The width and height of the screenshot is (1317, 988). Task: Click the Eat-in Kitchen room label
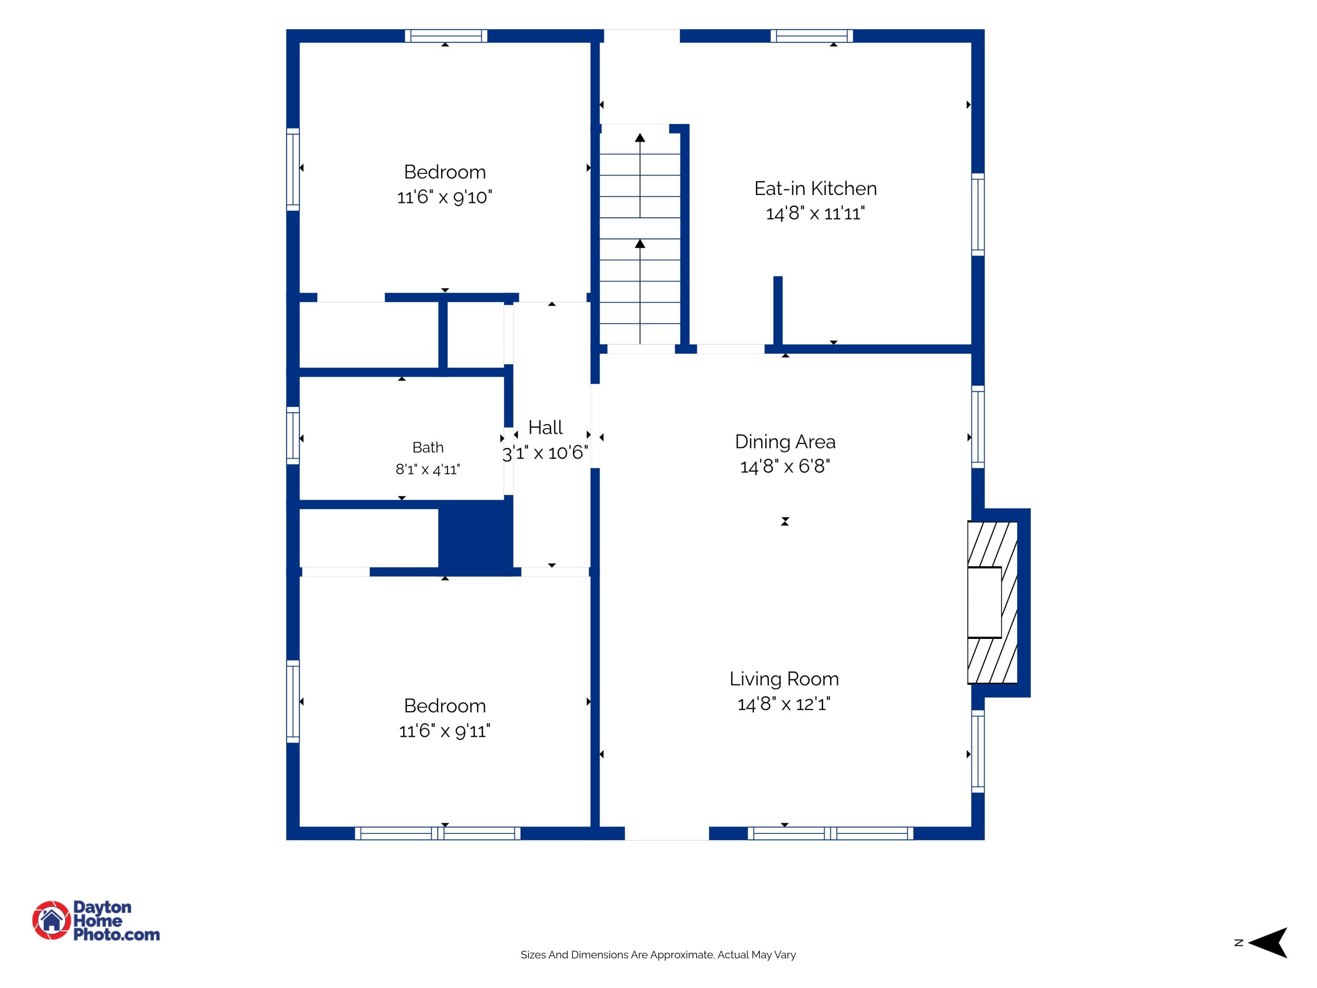(x=815, y=189)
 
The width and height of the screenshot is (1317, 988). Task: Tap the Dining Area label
(x=785, y=442)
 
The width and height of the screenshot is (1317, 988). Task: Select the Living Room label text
(x=784, y=679)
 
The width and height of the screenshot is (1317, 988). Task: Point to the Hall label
(x=545, y=428)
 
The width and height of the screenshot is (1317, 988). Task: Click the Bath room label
(x=428, y=447)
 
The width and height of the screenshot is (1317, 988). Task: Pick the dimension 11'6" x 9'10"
(x=445, y=197)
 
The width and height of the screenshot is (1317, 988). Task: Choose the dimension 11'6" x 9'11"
(x=445, y=731)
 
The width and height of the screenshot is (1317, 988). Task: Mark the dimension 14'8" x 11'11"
(x=815, y=213)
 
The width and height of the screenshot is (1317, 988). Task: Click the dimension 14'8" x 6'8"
(x=785, y=466)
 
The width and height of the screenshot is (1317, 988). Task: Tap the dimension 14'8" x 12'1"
(x=784, y=704)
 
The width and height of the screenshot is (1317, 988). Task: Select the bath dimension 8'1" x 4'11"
(x=428, y=470)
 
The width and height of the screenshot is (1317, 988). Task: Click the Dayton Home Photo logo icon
(x=51, y=921)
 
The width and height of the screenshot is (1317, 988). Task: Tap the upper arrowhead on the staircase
(x=640, y=137)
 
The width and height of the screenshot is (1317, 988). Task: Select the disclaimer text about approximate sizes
(x=658, y=955)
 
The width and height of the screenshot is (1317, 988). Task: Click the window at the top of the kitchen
(x=812, y=36)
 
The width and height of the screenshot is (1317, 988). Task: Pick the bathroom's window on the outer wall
(x=293, y=435)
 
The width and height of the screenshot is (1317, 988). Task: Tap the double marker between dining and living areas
(x=785, y=521)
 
